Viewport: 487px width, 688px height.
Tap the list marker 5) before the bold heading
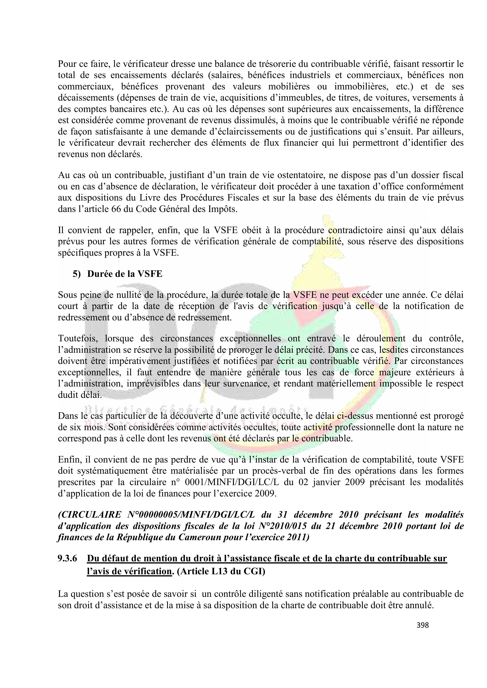click(77, 274)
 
